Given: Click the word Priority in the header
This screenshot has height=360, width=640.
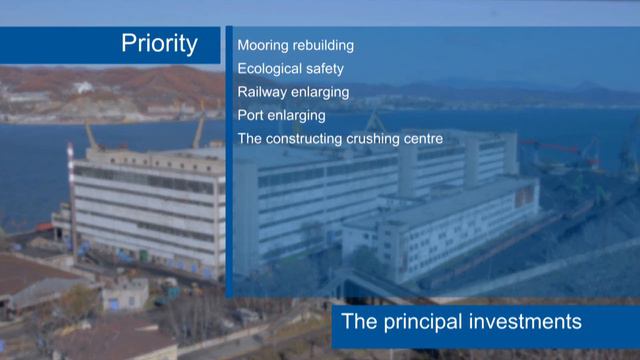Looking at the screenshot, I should click(x=159, y=44).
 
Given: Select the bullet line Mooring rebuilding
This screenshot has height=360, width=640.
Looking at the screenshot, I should click(x=295, y=45).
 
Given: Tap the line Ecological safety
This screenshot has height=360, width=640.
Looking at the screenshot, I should click(x=290, y=69).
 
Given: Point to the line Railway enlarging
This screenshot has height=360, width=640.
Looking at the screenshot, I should click(x=293, y=92).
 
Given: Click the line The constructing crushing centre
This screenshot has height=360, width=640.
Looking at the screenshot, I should click(x=339, y=138).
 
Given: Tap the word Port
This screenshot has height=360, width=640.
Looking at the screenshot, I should click(x=251, y=115).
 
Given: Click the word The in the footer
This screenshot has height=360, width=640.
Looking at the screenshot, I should click(x=358, y=322).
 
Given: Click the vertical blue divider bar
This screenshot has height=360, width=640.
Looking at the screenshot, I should click(x=229, y=160).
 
